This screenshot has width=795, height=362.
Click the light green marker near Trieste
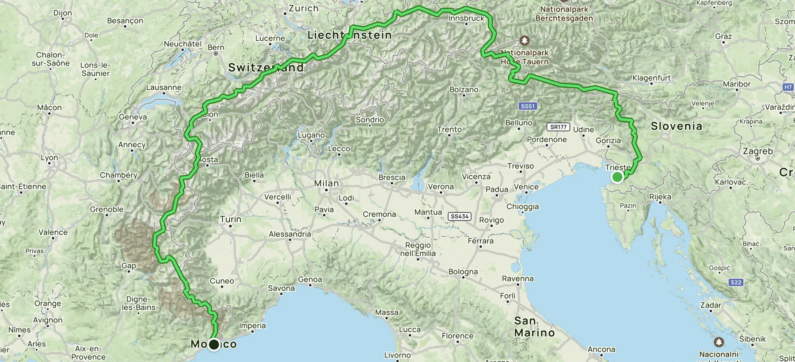tap(617, 177)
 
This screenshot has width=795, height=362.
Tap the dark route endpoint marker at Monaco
tap(214, 344)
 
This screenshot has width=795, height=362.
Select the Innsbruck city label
tap(466, 18)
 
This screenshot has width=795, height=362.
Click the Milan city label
tap(326, 183)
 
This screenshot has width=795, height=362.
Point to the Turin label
tap(231, 219)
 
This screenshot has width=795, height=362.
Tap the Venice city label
tap(526, 187)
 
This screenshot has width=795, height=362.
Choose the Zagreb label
tap(758, 151)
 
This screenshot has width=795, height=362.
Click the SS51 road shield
tap(528, 106)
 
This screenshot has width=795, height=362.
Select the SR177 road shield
tap(558, 127)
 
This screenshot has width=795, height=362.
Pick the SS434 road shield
tap(459, 216)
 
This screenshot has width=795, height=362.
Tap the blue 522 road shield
tap(736, 282)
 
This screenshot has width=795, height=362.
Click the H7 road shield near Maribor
tap(788, 87)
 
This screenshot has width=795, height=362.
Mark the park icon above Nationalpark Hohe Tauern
tap(525, 41)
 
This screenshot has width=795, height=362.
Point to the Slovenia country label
tap(676, 127)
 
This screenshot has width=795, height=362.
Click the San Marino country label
tap(534, 327)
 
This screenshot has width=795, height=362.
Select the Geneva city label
tap(133, 117)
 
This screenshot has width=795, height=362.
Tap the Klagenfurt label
tap(651, 78)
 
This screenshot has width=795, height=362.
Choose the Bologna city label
tap(463, 272)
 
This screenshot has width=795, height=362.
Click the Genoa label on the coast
tap(310, 279)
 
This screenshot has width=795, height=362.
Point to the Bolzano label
tap(464, 89)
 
